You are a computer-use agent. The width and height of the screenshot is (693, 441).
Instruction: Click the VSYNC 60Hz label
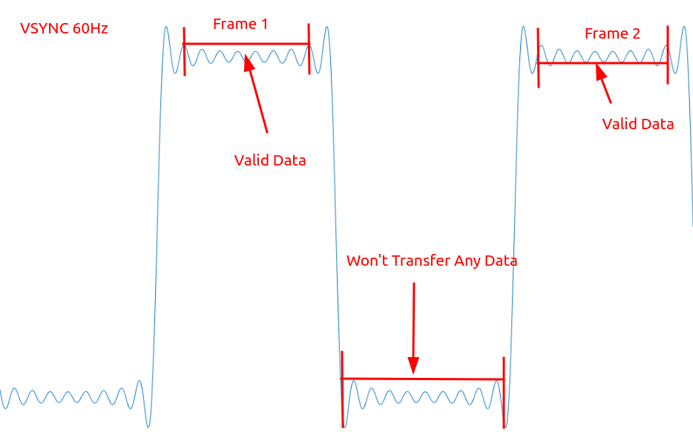(x=64, y=29)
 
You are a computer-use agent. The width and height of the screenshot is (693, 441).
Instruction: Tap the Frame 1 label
(x=240, y=24)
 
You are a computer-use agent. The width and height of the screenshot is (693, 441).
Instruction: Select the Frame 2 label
(x=612, y=33)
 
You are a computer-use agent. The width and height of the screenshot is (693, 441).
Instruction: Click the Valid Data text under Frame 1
(x=270, y=160)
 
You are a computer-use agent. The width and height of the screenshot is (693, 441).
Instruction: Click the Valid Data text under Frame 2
(x=638, y=124)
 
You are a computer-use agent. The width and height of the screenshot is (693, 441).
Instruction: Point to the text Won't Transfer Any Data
(x=432, y=261)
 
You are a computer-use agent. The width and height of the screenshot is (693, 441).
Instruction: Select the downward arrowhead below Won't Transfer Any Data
(x=413, y=365)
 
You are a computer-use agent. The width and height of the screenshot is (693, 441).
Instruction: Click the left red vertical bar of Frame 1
(x=183, y=50)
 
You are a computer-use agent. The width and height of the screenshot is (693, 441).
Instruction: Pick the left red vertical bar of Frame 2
(x=538, y=57)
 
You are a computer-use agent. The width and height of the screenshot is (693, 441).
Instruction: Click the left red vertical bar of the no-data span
(x=342, y=389)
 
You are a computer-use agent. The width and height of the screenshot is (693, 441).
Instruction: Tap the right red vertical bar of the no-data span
(x=504, y=392)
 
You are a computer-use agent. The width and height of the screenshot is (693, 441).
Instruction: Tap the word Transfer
(x=422, y=261)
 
